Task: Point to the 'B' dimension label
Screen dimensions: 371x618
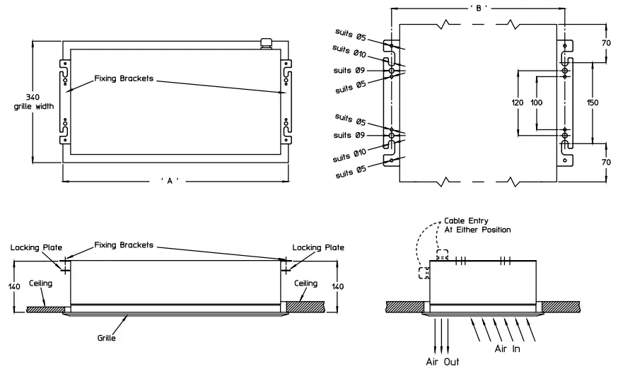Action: click(x=479, y=8)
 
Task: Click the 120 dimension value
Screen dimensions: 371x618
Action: click(x=517, y=102)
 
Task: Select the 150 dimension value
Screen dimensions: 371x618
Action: click(x=593, y=102)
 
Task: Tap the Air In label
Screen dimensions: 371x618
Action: click(x=506, y=348)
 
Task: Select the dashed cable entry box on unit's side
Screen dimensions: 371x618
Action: click(x=425, y=273)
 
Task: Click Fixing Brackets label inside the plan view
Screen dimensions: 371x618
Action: click(x=124, y=78)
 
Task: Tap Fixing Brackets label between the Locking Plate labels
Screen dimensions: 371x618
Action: click(x=124, y=245)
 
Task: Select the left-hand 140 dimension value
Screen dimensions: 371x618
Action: click(x=13, y=287)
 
